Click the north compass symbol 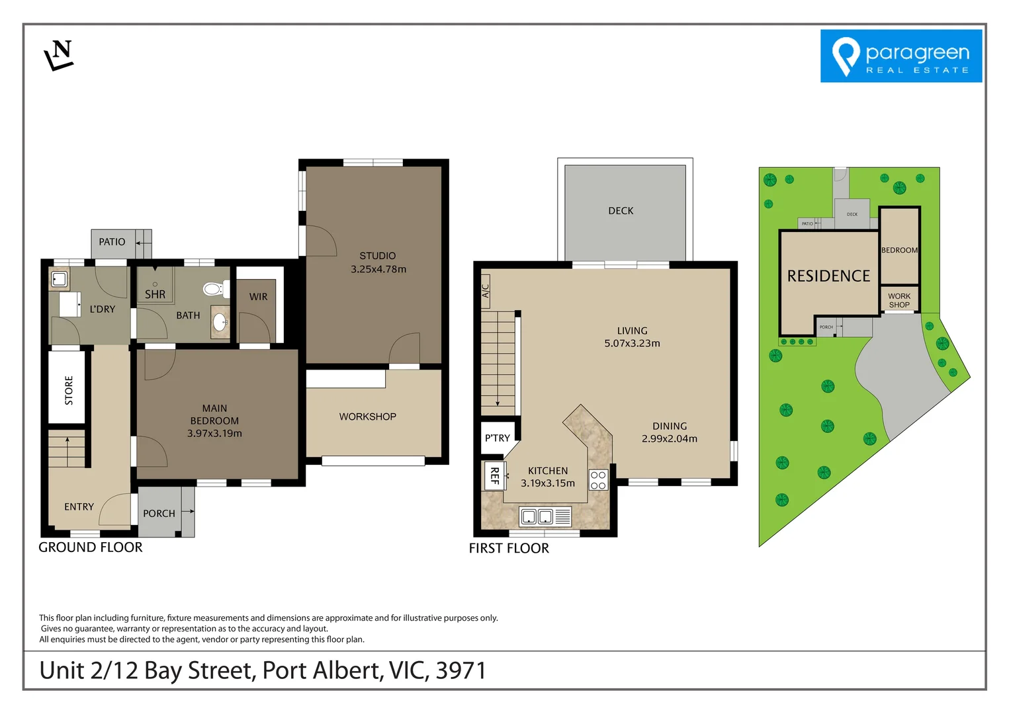pos(59,55)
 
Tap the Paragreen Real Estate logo pos(901,56)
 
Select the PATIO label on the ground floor pos(112,242)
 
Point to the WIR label pos(258,297)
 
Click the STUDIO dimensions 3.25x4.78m pos(378,269)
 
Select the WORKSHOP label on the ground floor pos(367,416)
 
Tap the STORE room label pos(69,390)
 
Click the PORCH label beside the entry pos(159,514)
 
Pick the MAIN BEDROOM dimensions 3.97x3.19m pos(214,434)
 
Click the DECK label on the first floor pos(621,211)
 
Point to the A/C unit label pos(485,291)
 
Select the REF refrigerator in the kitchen pos(494,475)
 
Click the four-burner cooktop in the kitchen pos(598,480)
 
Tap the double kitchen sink pos(537,516)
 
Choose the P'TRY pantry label pos(497,438)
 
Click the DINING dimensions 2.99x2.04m pos(669,438)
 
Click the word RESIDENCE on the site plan pos(828,276)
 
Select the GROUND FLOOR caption pos(91,547)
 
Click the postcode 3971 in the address pos(461,670)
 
